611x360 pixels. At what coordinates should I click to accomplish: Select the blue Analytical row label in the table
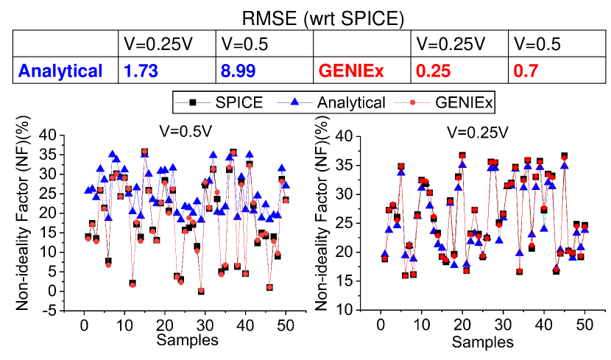[x=61, y=71]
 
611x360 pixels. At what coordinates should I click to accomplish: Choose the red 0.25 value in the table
[x=432, y=71]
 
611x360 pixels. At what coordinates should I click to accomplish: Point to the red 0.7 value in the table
[x=527, y=71]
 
